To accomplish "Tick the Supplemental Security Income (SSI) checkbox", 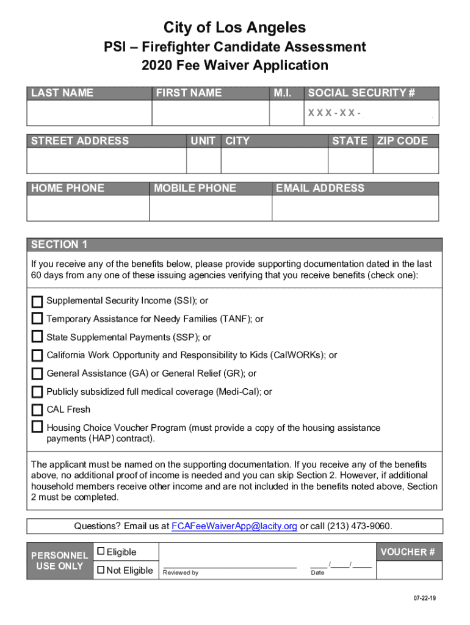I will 37,302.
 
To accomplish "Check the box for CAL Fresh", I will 37,410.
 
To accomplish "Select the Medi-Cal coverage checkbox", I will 37,392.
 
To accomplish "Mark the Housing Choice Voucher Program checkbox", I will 37,427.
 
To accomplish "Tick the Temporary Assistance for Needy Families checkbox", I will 37,319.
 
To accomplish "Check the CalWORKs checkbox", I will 37,355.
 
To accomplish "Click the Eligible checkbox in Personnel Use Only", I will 101,552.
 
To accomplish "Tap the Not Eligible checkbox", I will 101,570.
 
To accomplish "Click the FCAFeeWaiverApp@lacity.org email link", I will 234,526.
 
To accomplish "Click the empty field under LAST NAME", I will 89,113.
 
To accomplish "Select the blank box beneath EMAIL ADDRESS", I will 355,208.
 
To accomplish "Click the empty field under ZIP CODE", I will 406,161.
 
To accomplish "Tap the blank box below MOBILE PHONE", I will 211,208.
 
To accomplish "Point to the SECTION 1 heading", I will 59,245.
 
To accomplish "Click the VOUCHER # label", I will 407,552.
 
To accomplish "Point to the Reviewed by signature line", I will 229,568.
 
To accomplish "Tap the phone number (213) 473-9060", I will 360,526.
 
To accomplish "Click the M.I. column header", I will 283,93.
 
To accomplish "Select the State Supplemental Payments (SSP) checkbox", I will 37,338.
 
